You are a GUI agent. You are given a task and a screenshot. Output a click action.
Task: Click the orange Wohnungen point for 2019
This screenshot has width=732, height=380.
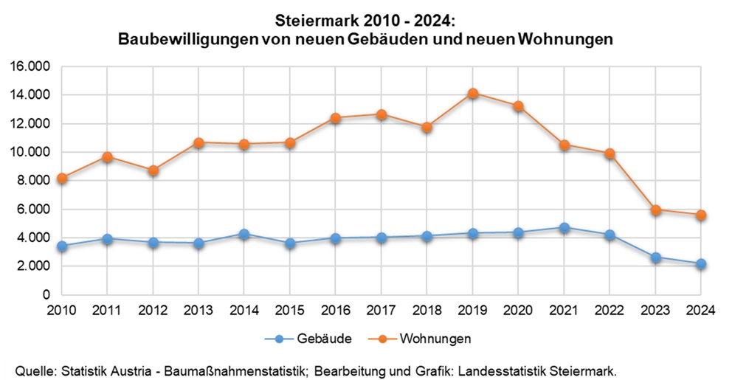(x=473, y=94)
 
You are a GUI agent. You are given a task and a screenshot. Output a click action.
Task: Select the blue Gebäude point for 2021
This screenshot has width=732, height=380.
(x=564, y=228)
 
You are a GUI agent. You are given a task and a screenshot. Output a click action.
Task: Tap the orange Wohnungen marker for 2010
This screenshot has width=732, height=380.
(x=62, y=178)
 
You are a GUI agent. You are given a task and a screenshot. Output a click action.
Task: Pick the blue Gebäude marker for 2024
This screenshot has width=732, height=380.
(x=701, y=263)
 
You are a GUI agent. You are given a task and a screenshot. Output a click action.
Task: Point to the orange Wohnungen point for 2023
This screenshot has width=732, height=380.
(x=655, y=210)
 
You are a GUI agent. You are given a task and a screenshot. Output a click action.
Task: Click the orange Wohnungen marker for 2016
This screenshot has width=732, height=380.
(x=336, y=118)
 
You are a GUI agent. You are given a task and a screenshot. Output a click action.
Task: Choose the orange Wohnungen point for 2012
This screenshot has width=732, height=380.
(x=153, y=170)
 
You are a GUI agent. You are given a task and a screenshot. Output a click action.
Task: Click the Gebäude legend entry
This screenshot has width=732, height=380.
(x=309, y=339)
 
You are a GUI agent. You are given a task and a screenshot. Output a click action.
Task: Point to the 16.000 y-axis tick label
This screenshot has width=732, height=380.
(x=29, y=66)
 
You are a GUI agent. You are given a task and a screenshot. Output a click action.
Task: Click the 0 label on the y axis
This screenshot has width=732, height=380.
(x=46, y=294)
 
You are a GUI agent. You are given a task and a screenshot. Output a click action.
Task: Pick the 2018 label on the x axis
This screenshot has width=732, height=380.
(x=427, y=310)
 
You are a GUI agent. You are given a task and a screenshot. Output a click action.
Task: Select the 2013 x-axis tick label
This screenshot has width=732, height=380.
(x=198, y=310)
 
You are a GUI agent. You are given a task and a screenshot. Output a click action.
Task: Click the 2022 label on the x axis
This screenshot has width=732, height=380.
(x=610, y=310)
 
